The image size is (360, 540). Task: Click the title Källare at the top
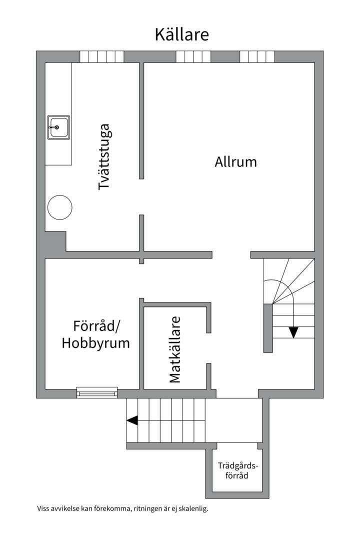181,34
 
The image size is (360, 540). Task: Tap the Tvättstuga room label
104,156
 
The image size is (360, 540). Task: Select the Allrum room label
235,162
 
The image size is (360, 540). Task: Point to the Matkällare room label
174,349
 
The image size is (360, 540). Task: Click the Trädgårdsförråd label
237,470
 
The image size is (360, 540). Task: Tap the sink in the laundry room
58,127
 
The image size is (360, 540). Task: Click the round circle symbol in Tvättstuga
60,207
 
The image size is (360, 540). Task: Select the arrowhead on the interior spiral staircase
293,331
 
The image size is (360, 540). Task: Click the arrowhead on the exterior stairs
132,420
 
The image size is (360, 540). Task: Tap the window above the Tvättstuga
101,56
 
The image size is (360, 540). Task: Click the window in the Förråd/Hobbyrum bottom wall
97,393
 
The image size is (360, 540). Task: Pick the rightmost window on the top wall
257,56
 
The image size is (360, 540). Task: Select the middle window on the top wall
193,56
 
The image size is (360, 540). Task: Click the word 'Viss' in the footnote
44,509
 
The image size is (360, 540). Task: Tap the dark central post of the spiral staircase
268,328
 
